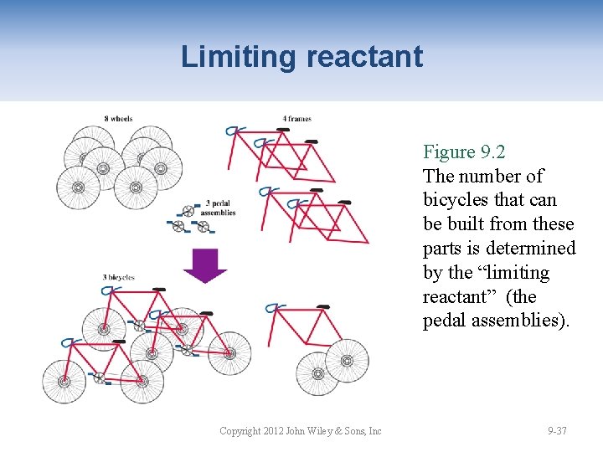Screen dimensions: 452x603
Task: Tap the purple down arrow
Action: click(x=205, y=265)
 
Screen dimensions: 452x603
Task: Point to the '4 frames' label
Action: click(x=296, y=119)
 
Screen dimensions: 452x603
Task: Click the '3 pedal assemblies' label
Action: click(x=219, y=208)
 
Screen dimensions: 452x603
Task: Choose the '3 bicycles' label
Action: click(x=118, y=277)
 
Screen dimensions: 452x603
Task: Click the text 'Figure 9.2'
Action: click(x=464, y=152)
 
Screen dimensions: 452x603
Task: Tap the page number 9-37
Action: click(x=557, y=431)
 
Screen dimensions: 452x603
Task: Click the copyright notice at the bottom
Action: click(x=300, y=431)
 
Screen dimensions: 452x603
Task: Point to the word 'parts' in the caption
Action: click(x=443, y=249)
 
